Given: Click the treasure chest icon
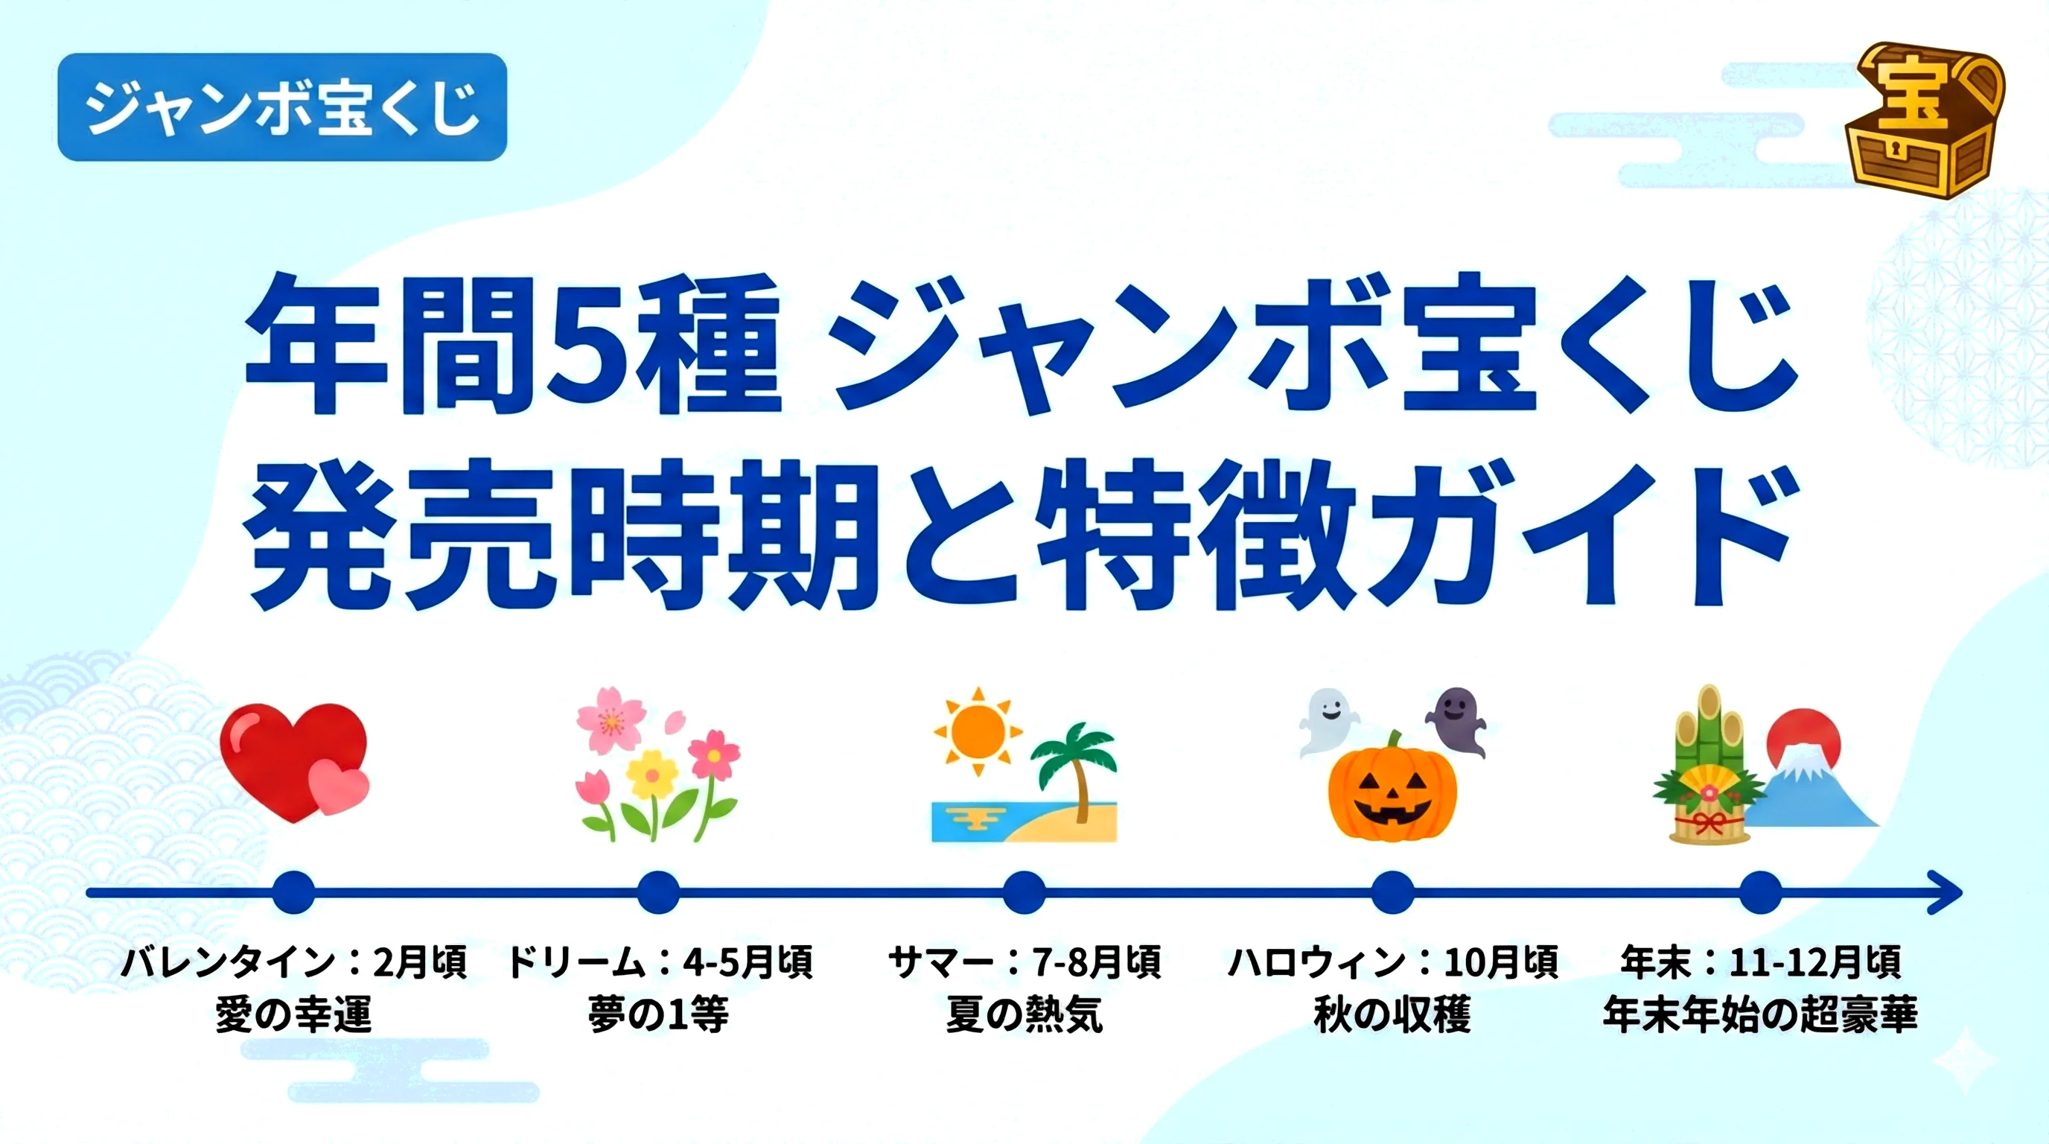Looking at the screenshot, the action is pos(1923,120).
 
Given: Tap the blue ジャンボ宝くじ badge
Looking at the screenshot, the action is pos(282,107).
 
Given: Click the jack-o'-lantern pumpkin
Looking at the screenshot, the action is pos(1392,786).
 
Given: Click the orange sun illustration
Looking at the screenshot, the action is pos(978,732).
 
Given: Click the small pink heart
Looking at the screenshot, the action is pos(340,786).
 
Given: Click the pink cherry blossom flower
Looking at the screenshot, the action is pos(610,721).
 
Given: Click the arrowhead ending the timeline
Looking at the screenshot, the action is pos(1947,892).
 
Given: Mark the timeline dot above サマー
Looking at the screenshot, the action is pos(1024,892).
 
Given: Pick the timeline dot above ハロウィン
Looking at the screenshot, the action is pos(1392,892).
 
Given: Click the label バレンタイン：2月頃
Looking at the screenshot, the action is pos(293,962).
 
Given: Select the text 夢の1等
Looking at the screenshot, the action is pos(658,1014).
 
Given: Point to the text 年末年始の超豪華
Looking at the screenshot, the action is pos(1760,1014).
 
